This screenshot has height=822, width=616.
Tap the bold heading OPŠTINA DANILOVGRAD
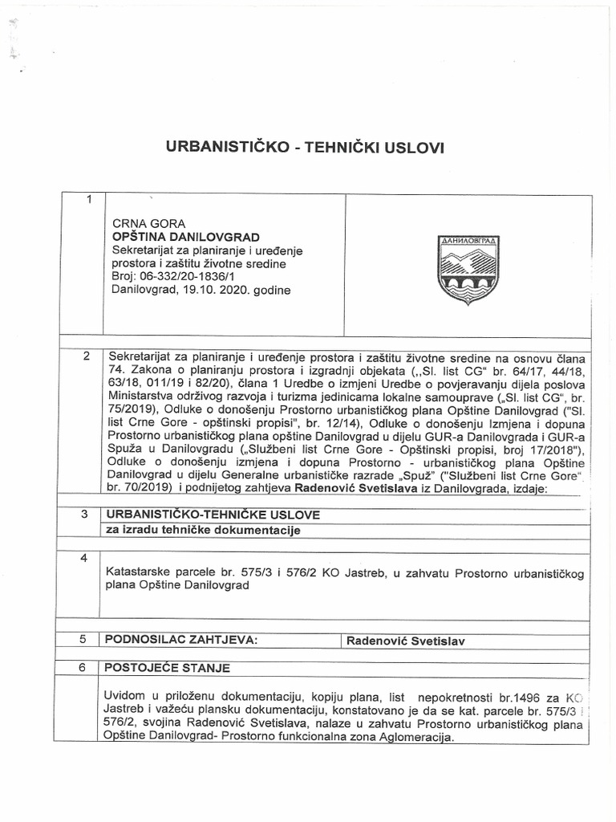(x=186, y=238)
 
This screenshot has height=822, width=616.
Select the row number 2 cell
(x=87, y=357)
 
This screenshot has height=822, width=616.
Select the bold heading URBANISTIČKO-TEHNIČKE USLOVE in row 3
(x=213, y=514)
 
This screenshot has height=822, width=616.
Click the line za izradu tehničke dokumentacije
(x=204, y=530)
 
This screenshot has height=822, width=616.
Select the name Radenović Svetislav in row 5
(x=406, y=641)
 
